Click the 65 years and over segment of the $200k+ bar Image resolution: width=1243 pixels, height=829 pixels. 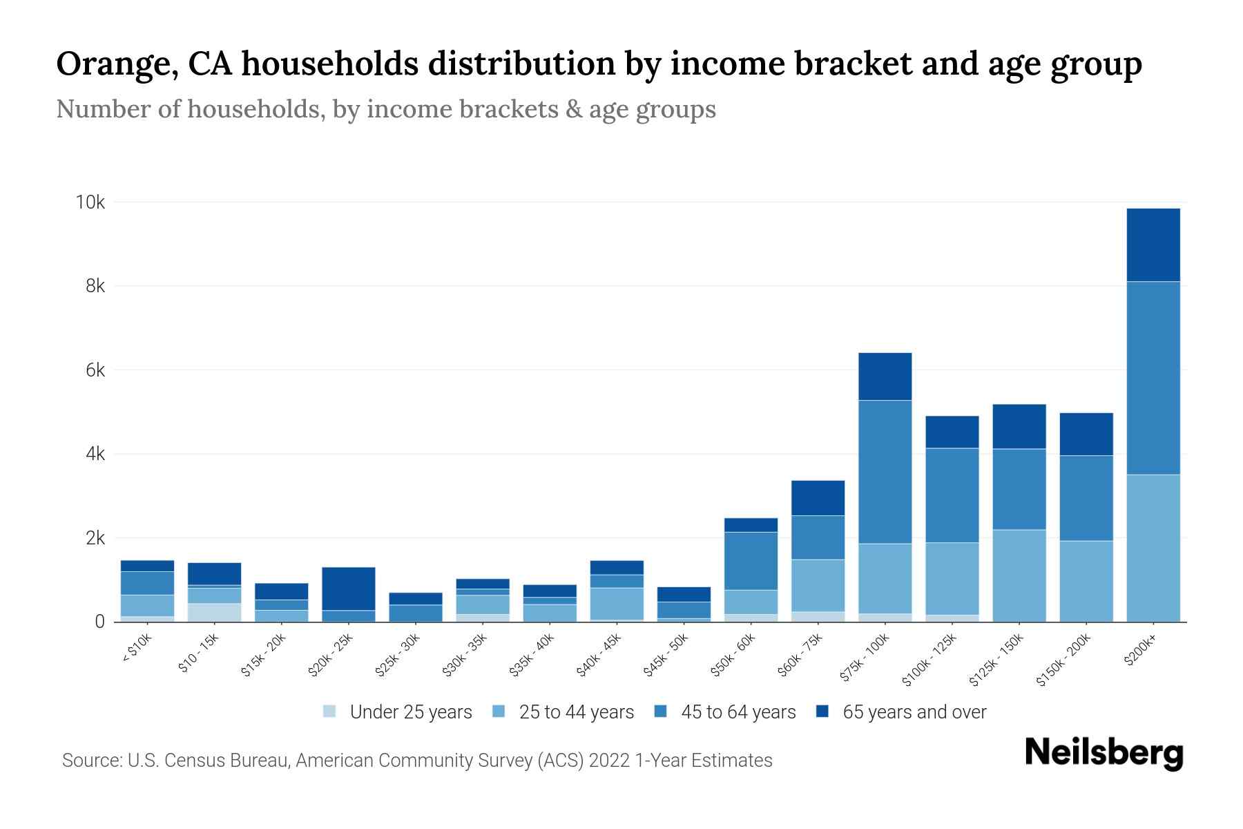click(x=1153, y=245)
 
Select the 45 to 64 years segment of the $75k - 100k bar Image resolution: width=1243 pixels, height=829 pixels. click(x=885, y=472)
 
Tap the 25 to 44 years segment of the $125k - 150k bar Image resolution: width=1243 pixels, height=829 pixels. click(x=1019, y=575)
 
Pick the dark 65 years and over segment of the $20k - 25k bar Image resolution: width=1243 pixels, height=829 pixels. click(x=348, y=589)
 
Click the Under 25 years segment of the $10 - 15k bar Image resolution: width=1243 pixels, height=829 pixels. click(x=214, y=613)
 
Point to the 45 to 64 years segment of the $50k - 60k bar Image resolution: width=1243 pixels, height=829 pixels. click(x=751, y=561)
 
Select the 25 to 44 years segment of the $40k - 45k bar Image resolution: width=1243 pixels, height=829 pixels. click(x=617, y=604)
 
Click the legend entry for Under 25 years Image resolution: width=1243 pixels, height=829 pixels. click(x=398, y=712)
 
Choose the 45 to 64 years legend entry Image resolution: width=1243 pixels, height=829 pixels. click(x=725, y=712)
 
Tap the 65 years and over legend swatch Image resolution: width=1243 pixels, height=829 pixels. click(x=822, y=712)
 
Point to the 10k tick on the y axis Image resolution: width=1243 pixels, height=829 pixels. click(x=90, y=202)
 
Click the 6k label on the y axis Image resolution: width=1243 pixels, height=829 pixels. click(x=95, y=370)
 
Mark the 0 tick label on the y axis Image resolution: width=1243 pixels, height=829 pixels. click(x=100, y=622)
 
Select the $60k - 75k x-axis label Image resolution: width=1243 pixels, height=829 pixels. click(x=802, y=655)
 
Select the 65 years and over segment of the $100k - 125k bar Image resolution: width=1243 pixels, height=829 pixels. click(x=952, y=432)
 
